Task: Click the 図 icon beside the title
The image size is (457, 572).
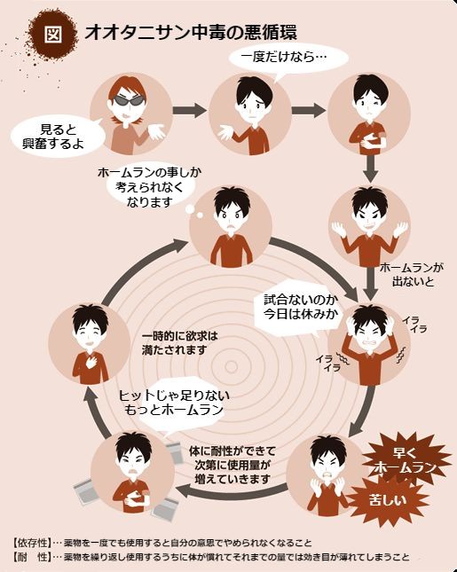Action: click(x=53, y=35)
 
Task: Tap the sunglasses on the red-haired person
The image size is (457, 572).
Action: click(x=128, y=101)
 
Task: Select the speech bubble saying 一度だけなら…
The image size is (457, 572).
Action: click(x=288, y=59)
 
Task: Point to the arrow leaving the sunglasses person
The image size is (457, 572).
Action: click(x=190, y=110)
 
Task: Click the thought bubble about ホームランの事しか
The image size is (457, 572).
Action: click(x=149, y=187)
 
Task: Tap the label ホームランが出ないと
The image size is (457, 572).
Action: click(x=412, y=275)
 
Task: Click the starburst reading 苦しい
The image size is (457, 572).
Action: click(x=388, y=500)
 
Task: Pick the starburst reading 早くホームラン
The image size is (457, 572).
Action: click(x=405, y=459)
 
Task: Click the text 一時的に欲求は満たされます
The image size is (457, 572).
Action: click(x=179, y=343)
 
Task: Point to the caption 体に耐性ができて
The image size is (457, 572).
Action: click(x=232, y=451)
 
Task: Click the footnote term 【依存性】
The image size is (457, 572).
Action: click(x=31, y=544)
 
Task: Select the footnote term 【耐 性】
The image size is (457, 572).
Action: click(x=31, y=557)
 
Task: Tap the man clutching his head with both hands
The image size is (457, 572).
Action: click(x=369, y=344)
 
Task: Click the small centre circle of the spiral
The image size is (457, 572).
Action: click(x=231, y=367)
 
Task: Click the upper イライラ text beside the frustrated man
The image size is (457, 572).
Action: click(x=414, y=325)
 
